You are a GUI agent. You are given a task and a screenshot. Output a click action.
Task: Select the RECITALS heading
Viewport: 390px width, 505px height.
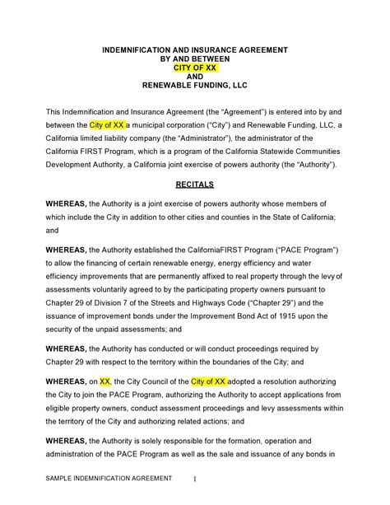195,186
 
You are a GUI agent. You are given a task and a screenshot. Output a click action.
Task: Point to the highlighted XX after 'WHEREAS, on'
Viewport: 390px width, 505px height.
104,382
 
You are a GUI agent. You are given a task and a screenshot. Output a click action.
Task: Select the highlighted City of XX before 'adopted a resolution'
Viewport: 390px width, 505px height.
207,382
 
